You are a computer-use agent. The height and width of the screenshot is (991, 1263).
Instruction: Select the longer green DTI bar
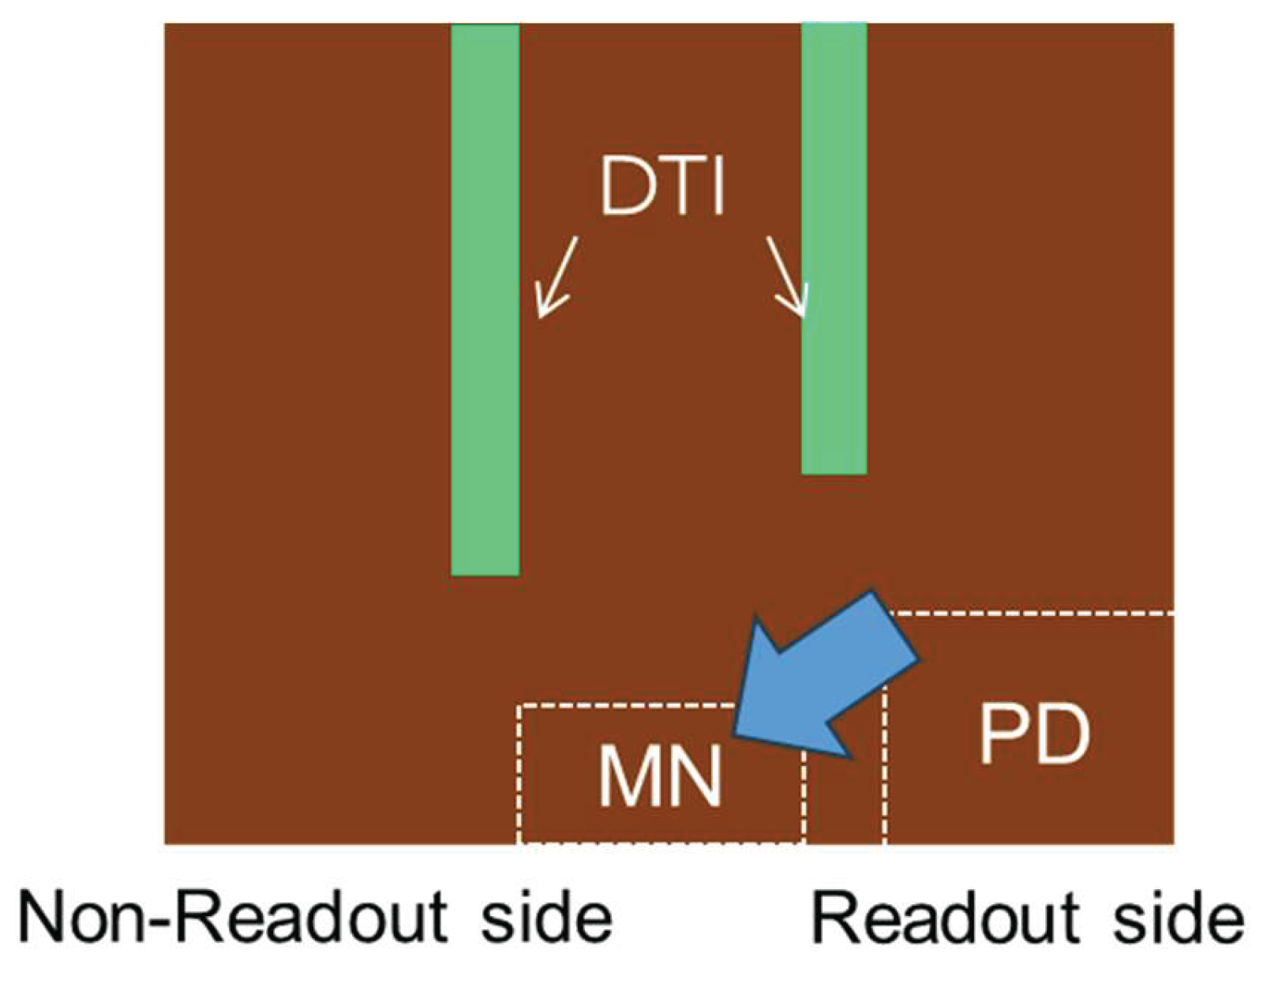pyautogui.click(x=485, y=300)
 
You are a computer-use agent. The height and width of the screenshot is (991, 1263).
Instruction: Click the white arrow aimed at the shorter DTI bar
pyautogui.click(x=788, y=276)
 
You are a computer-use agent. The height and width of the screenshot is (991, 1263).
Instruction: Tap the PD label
pyautogui.click(x=1034, y=735)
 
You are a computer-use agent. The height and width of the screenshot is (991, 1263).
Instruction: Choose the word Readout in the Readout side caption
pyautogui.click(x=945, y=918)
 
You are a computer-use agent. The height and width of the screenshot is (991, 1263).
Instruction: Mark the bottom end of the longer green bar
pyautogui.click(x=485, y=572)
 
